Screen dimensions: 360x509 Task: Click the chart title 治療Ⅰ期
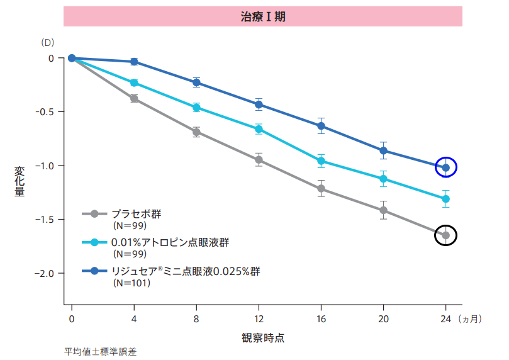tap(263, 17)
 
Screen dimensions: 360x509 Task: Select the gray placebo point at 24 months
tap(446, 235)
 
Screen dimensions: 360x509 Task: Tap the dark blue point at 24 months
tap(446, 167)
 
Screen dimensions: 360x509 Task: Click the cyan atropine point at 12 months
tap(259, 129)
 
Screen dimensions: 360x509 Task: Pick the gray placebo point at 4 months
tap(134, 98)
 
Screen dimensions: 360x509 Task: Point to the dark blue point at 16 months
tap(321, 126)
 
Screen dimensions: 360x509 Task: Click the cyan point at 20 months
tap(383, 179)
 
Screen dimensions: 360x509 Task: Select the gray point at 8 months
tap(196, 132)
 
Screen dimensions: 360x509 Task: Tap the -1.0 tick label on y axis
tap(44, 166)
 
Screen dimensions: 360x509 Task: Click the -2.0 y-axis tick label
tap(44, 273)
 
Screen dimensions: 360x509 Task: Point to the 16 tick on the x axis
tap(321, 318)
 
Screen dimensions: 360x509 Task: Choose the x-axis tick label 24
tap(446, 318)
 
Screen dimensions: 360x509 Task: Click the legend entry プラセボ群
tap(136, 214)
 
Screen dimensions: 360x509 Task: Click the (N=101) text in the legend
tap(131, 283)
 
